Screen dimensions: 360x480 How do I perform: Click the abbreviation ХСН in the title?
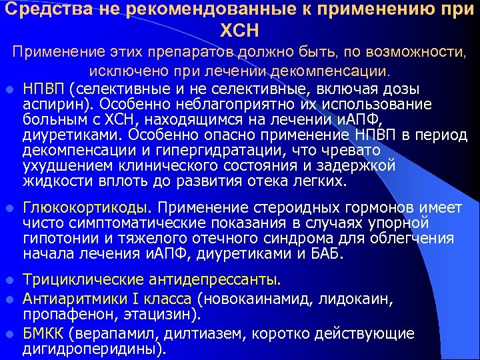(x=239, y=31)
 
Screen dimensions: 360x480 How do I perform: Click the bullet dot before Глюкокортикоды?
(x=9, y=209)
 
